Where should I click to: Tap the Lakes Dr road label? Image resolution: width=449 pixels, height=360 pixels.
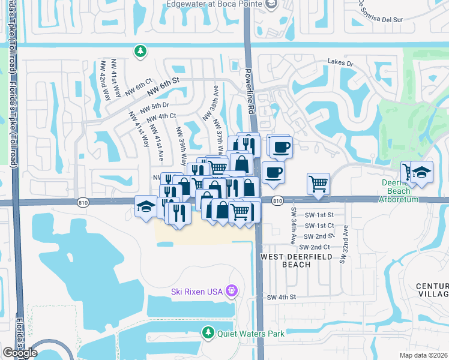pyautogui.click(x=340, y=62)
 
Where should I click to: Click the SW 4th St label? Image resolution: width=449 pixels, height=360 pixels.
pyautogui.click(x=282, y=297)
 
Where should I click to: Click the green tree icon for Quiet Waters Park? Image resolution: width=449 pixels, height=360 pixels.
pyautogui.click(x=208, y=332)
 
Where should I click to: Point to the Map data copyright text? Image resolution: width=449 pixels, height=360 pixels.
pyautogui.click(x=423, y=355)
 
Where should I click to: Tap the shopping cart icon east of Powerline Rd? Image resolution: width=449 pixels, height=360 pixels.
pyautogui.click(x=318, y=184)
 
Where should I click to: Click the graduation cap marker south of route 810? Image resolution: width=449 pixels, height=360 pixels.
pyautogui.click(x=145, y=206)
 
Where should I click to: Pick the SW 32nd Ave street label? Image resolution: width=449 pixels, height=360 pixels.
pyautogui.click(x=344, y=244)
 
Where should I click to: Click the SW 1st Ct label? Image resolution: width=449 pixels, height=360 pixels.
pyautogui.click(x=319, y=226)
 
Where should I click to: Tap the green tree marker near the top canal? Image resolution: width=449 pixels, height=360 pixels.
pyautogui.click(x=140, y=52)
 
